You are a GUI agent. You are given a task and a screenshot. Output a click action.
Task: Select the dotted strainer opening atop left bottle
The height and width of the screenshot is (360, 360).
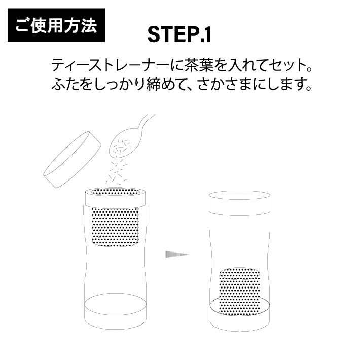click(115, 193)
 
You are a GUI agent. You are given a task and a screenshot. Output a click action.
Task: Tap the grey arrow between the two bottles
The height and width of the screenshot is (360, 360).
click(176, 253)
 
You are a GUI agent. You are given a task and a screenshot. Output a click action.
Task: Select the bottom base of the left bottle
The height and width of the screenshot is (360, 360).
click(115, 312)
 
